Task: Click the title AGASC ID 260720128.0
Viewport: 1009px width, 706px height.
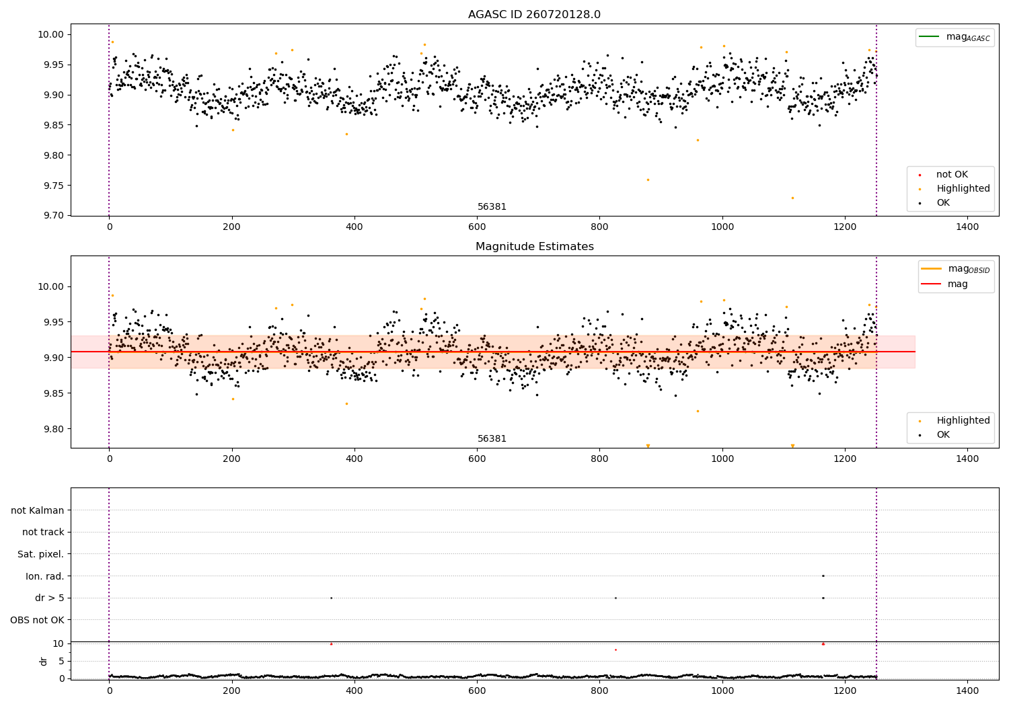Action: click(x=534, y=15)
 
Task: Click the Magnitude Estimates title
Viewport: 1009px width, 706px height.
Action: click(x=534, y=247)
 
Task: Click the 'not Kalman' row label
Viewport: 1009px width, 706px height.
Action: click(x=38, y=510)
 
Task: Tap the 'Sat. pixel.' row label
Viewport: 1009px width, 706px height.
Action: click(x=40, y=554)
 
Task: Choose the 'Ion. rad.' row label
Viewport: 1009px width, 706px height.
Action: click(x=44, y=576)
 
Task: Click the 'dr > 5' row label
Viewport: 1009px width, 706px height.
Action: click(x=49, y=598)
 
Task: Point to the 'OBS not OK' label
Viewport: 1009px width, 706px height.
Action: click(x=37, y=620)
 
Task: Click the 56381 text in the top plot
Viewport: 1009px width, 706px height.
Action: click(x=492, y=207)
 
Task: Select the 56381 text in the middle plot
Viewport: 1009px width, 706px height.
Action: click(x=492, y=439)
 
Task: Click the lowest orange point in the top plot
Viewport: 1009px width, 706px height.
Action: click(x=792, y=198)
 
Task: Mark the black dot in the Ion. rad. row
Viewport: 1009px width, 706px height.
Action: click(x=823, y=576)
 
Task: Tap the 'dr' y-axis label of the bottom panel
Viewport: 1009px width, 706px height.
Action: click(x=44, y=661)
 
